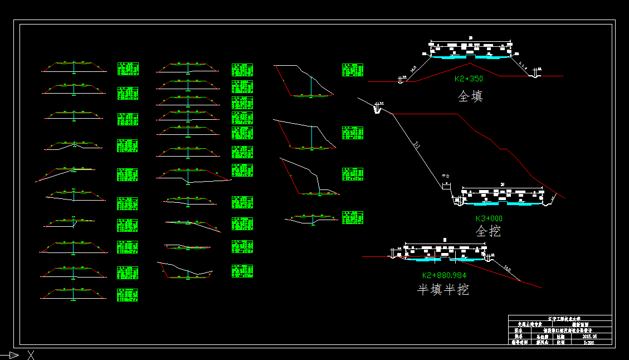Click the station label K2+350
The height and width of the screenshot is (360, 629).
tap(469, 79)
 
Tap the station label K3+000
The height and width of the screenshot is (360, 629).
tap(489, 218)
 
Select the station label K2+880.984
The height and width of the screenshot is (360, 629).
tap(444, 275)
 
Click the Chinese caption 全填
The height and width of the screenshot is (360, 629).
tap(470, 96)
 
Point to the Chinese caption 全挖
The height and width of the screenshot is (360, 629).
tap(488, 231)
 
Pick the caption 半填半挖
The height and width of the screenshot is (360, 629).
tap(443, 290)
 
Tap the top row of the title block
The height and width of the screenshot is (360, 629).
tap(560, 318)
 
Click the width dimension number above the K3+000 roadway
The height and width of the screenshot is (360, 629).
tap(503, 184)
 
